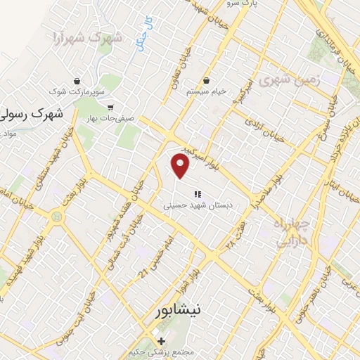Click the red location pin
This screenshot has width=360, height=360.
coord(181,165)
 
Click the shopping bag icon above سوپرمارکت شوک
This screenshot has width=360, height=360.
coord(77,81)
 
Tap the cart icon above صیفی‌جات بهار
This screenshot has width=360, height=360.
coord(110,108)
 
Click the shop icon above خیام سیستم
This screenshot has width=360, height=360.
coord(207,81)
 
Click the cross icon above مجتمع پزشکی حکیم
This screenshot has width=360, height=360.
coord(162,340)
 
